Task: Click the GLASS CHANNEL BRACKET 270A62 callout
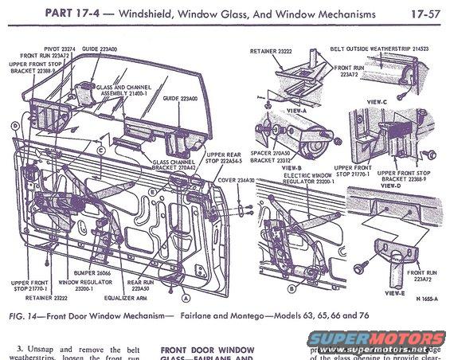pyautogui.click(x=177, y=163)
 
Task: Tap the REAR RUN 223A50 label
pyautogui.click(x=143, y=284)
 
